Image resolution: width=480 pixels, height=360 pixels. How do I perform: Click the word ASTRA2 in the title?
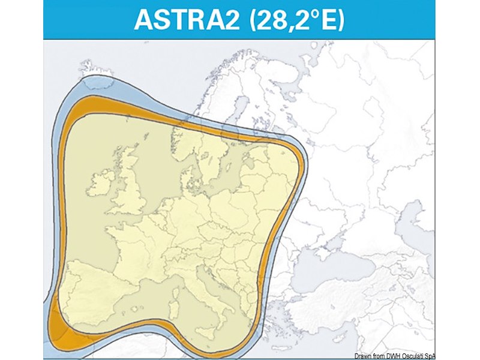point(182,19)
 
